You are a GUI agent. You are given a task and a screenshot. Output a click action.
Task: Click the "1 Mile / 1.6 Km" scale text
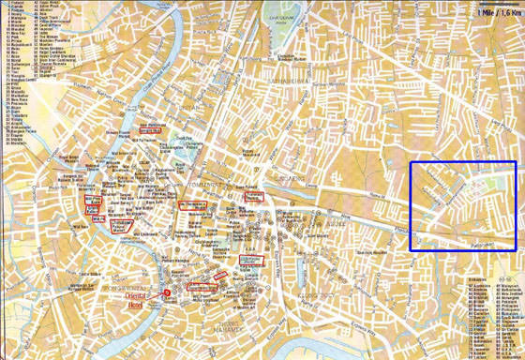click(x=497, y=13)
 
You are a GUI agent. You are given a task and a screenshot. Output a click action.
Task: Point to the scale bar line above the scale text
click(x=497, y=7)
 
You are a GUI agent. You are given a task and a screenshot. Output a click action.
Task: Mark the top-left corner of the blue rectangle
click(x=411, y=162)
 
